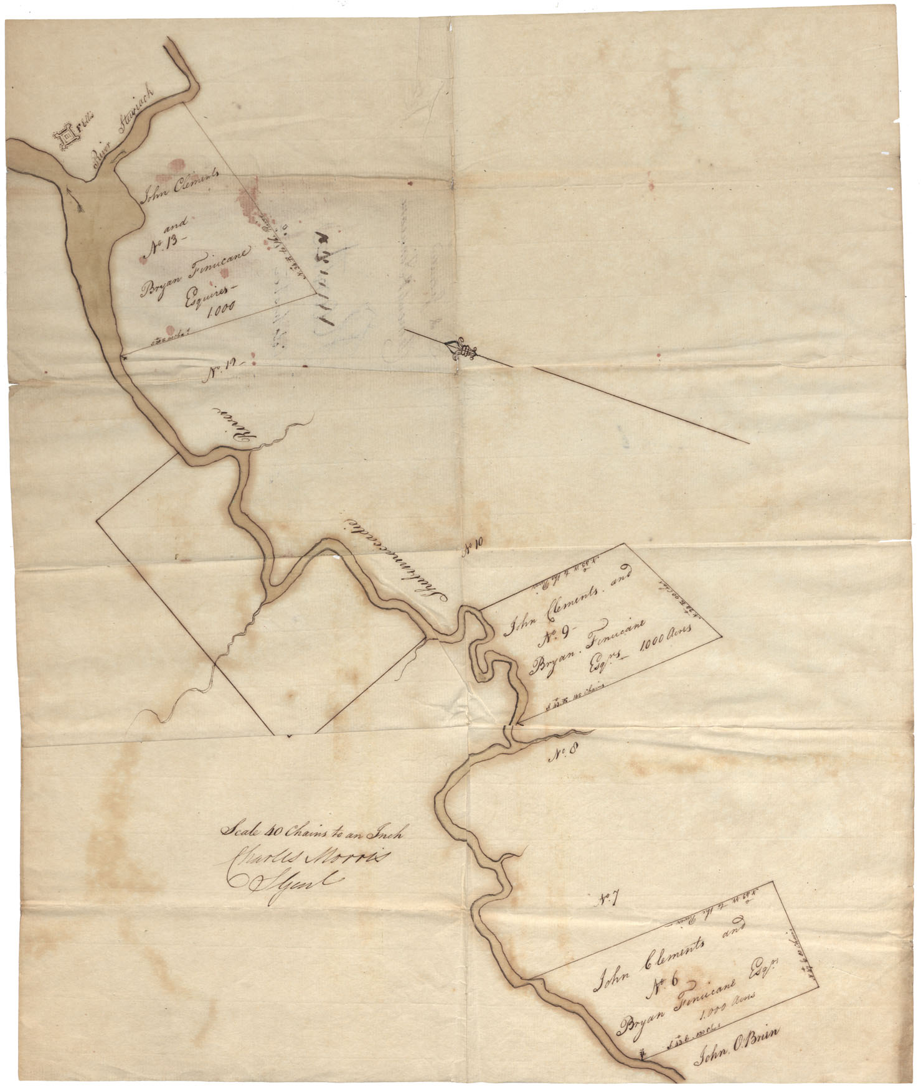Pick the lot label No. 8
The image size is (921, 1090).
(565, 756)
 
